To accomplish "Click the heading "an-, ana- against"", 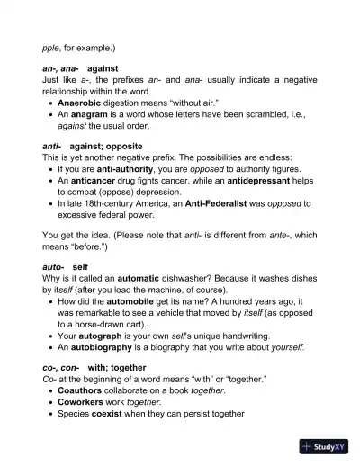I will [80, 68].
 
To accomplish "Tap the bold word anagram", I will [94, 115].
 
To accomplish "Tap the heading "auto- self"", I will [65, 267].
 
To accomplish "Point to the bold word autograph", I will [104, 336].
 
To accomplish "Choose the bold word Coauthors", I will [84, 391].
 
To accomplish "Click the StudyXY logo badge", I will [325, 446].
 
